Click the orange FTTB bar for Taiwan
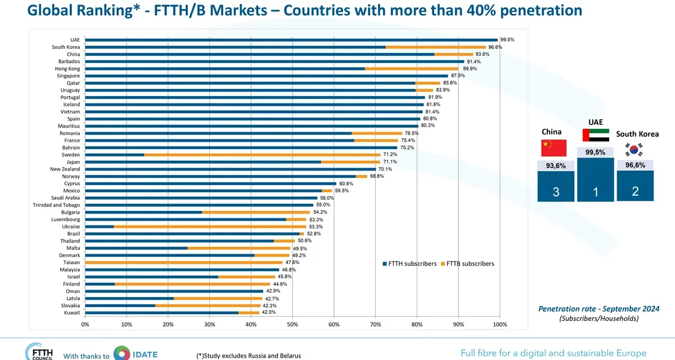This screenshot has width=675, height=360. point(184,263)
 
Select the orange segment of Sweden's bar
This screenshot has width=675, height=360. point(262,155)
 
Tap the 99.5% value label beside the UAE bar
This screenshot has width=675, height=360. point(507,40)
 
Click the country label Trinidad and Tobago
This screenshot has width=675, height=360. point(56,205)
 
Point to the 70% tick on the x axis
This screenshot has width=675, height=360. point(376,325)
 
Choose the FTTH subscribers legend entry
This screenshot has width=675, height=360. point(409,264)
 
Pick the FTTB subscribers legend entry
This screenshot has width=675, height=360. point(467,264)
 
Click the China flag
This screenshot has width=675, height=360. point(554,148)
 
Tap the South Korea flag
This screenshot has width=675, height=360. point(634,150)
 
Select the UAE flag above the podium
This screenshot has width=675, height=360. point(596,135)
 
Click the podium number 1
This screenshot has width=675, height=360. point(596,192)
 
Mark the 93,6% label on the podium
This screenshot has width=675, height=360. point(556,166)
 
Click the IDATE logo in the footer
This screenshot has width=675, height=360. point(136,354)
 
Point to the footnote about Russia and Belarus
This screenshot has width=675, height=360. point(249,356)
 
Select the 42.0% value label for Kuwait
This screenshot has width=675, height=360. point(268,312)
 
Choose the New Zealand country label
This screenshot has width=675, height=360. point(65,169)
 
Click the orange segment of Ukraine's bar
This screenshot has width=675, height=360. point(210,227)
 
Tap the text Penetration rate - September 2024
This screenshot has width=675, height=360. point(598,309)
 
